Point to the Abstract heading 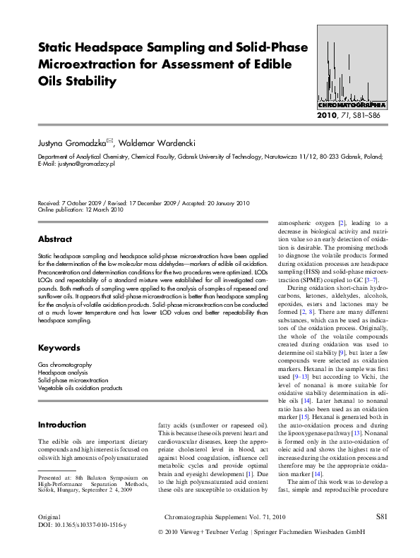click(x=55, y=239)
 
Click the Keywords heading click(x=59, y=348)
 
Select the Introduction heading click(x=62, y=425)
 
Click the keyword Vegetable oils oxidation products click(x=80, y=388)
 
